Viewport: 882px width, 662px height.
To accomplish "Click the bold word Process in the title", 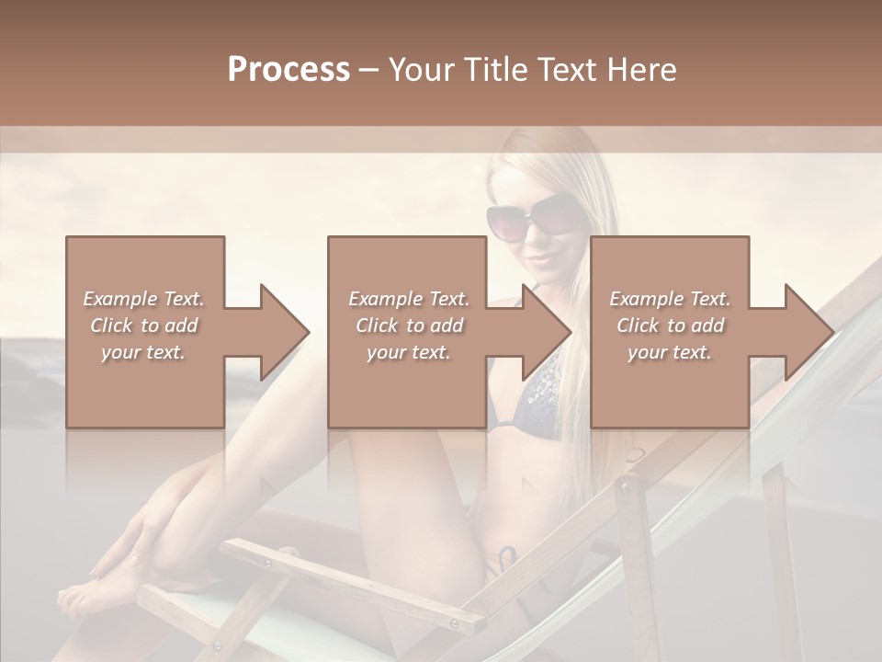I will [288, 69].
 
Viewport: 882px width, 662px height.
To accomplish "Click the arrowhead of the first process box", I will [285, 332].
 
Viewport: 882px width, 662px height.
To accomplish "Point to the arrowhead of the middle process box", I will [548, 332].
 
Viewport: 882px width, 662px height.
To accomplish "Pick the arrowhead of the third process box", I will [809, 332].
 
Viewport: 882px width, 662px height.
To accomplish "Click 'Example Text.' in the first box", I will [143, 299].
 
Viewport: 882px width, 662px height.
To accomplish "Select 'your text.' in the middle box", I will [408, 352].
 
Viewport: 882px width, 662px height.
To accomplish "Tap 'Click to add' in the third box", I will [670, 325].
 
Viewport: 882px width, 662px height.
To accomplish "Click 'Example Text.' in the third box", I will [670, 299].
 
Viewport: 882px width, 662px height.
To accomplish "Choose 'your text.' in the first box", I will [143, 352].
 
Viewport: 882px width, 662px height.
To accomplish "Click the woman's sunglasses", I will [534, 221].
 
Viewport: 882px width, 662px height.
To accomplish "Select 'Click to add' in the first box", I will [143, 325].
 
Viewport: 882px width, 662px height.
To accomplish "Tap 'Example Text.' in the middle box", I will [408, 299].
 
